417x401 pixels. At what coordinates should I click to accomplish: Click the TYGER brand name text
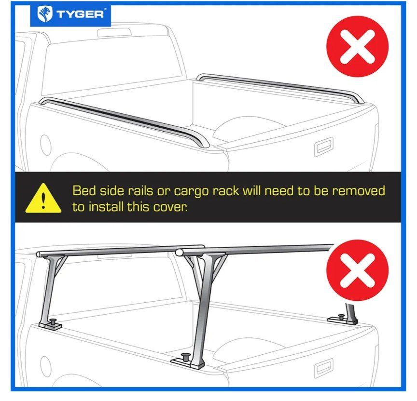80,14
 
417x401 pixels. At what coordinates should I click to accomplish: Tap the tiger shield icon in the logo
45,14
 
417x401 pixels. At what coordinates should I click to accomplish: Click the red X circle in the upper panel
357,46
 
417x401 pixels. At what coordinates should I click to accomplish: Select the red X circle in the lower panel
357,270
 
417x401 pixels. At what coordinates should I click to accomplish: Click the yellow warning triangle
43,198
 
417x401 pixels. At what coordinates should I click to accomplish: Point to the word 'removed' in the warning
359,191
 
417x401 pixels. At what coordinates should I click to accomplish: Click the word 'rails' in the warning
140,191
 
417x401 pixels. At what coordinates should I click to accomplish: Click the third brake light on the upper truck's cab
114,32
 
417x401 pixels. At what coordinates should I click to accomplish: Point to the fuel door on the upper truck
45,144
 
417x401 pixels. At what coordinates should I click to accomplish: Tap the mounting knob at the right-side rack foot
341,317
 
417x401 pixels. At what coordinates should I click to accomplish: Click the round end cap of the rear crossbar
179,252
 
